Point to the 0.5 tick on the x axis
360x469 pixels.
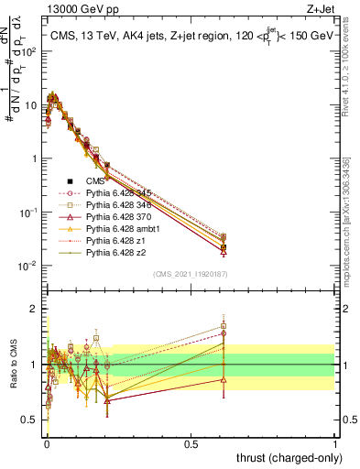click(x=191, y=442)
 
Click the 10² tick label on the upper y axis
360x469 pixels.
click(x=30, y=50)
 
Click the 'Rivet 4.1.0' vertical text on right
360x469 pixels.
click(x=350, y=55)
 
